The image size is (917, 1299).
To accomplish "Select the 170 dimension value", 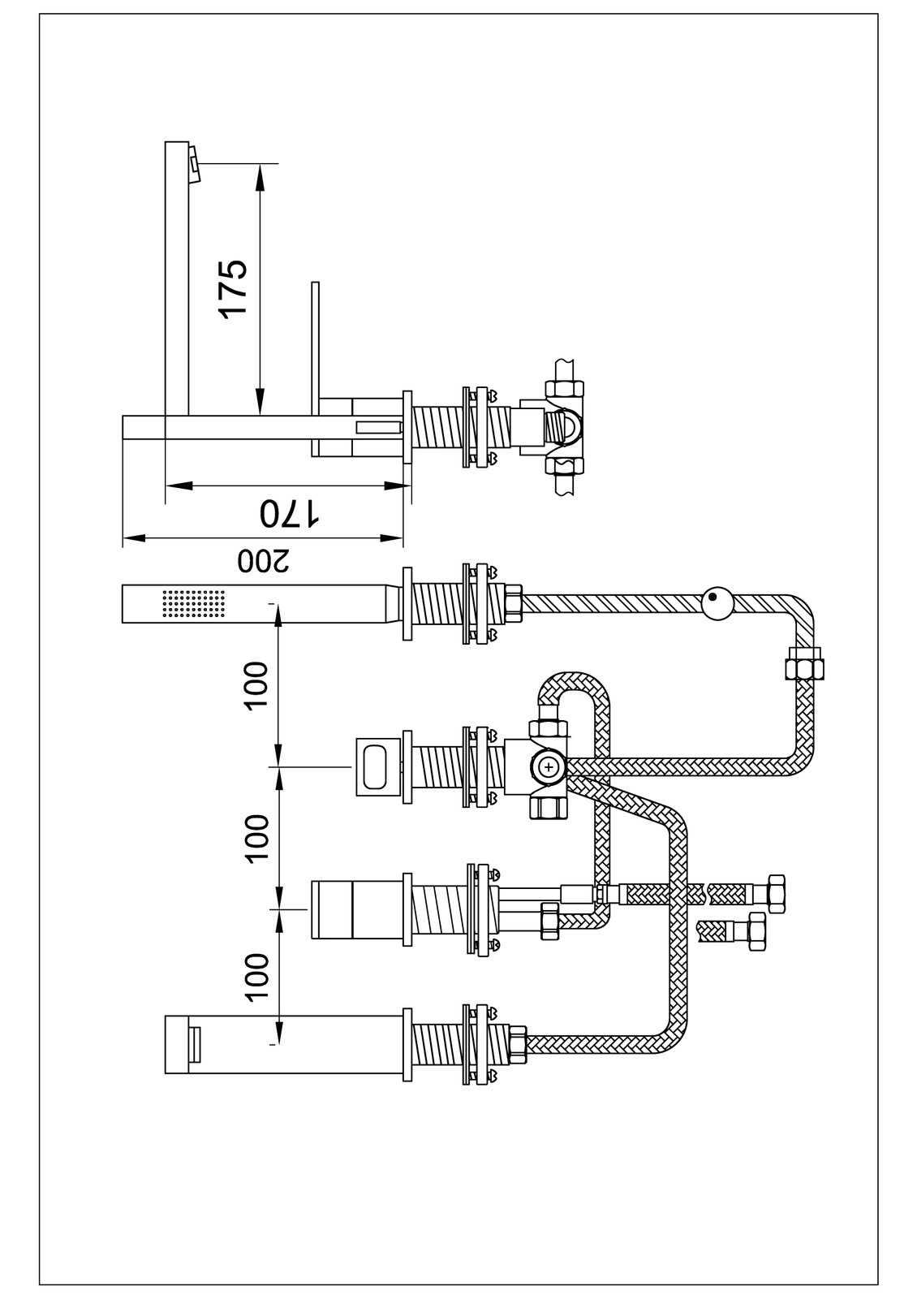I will click(x=289, y=514).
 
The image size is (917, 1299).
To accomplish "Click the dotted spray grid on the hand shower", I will click(x=193, y=604).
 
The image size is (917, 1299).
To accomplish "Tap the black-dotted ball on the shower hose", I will click(x=718, y=603).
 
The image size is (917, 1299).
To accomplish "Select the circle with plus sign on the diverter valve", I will click(x=549, y=765).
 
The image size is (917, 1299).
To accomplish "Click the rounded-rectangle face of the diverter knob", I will click(x=378, y=765).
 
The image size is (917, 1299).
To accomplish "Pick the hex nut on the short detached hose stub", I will click(x=757, y=932).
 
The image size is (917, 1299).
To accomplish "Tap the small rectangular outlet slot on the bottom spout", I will click(x=195, y=1044).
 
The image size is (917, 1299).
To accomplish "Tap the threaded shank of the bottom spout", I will click(x=438, y=1044).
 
